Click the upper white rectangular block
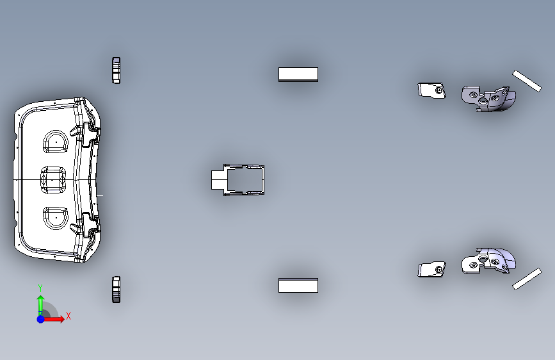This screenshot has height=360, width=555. click(x=298, y=74)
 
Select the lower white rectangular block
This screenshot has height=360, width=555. click(x=298, y=285)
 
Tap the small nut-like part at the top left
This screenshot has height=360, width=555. click(x=116, y=70)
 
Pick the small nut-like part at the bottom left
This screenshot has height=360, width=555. click(x=116, y=290)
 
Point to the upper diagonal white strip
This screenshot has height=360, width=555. click(x=527, y=81)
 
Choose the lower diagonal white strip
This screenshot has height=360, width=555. click(x=527, y=279)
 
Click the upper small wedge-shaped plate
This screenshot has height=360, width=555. click(x=431, y=90)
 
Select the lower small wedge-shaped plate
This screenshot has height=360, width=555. click(x=431, y=269)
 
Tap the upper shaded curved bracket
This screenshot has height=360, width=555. click(x=488, y=99)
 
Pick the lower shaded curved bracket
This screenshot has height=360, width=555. click(x=488, y=261)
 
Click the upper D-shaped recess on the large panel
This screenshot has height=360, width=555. click(x=55, y=142)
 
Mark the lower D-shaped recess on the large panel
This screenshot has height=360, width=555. click(x=55, y=218)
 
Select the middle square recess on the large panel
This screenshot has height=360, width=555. click(x=53, y=180)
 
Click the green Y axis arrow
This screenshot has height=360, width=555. click(x=41, y=306)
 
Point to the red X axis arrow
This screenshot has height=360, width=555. click(x=53, y=319)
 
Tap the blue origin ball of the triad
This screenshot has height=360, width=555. click(x=41, y=319)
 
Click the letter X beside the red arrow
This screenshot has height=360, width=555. click(x=68, y=316)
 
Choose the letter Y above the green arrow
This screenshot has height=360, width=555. click(x=40, y=288)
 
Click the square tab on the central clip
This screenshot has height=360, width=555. click(x=219, y=180)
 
